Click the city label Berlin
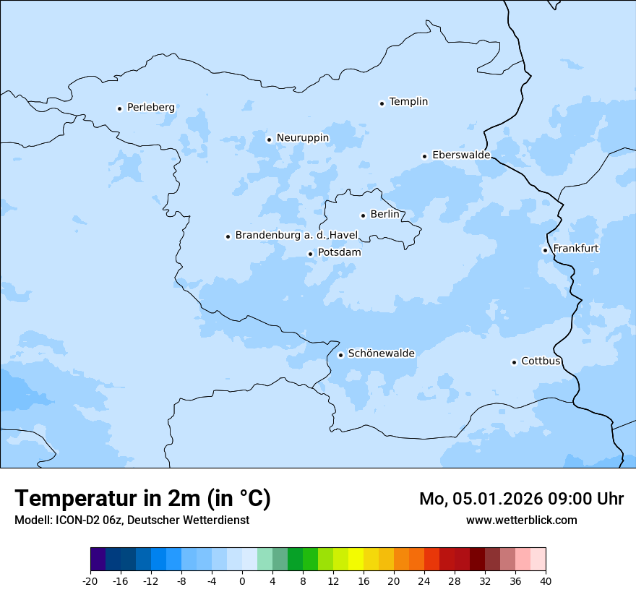(384, 214)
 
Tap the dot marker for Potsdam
(310, 254)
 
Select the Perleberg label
(150, 108)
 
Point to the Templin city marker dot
(382, 103)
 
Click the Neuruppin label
(302, 138)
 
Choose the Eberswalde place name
(461, 155)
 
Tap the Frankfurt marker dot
(545, 250)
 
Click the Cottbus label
(541, 361)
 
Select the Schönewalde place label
(381, 353)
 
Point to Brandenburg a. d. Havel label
(296, 235)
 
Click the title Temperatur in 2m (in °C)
(143, 498)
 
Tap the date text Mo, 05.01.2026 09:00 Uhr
(521, 499)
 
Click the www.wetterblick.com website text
(521, 520)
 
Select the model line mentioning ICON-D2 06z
(132, 520)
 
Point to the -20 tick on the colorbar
(90, 581)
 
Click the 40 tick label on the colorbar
(546, 581)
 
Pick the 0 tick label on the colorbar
(242, 581)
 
